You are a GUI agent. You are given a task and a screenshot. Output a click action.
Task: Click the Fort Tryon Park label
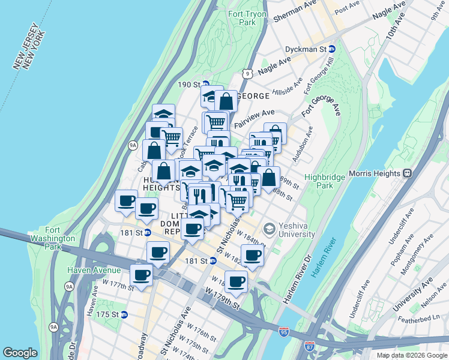[243, 17]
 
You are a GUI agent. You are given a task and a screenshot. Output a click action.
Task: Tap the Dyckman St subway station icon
[331, 49]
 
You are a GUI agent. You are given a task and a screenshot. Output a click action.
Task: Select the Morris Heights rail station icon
[407, 173]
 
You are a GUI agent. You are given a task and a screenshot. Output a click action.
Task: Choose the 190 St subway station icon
[205, 85]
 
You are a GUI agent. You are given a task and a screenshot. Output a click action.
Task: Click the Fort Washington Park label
[60, 238]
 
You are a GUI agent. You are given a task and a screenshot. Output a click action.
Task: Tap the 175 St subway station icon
[124, 314]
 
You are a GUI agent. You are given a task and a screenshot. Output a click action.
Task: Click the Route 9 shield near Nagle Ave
[247, 73]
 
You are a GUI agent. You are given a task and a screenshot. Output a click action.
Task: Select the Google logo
[20, 352]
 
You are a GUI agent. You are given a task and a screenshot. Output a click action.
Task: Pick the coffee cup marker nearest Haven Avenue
[141, 276]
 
